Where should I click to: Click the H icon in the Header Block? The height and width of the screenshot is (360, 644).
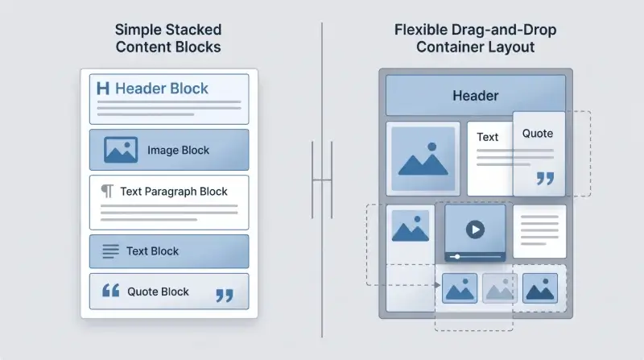click(x=103, y=89)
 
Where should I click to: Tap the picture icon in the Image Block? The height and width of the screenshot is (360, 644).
click(x=121, y=150)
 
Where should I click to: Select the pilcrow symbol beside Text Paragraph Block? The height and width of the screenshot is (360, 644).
click(x=107, y=191)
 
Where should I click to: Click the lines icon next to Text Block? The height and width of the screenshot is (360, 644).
click(x=110, y=251)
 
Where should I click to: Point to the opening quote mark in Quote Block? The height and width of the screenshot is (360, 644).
click(x=110, y=290)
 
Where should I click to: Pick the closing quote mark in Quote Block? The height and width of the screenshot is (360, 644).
click(x=225, y=295)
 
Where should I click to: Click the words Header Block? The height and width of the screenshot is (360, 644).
click(x=162, y=89)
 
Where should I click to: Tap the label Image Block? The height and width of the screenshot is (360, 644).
click(x=178, y=151)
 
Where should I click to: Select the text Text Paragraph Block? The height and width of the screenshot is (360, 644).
click(x=174, y=192)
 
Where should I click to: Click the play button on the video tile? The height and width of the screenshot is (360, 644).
click(x=475, y=230)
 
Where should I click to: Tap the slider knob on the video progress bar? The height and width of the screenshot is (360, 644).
click(x=457, y=257)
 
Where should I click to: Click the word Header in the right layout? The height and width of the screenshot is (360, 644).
click(x=476, y=96)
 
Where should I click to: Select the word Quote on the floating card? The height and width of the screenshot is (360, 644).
click(x=538, y=134)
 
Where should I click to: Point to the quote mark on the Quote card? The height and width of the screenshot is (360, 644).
click(x=546, y=178)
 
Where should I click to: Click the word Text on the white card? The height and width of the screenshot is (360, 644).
click(x=488, y=137)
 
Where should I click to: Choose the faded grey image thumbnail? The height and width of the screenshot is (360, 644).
click(x=499, y=288)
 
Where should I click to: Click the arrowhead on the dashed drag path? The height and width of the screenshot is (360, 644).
click(x=437, y=285)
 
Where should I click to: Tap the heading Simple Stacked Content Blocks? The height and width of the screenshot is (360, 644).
click(x=168, y=38)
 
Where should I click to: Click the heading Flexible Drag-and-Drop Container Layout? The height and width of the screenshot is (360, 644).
click(x=476, y=38)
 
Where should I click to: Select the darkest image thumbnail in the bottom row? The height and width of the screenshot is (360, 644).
click(x=540, y=288)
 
